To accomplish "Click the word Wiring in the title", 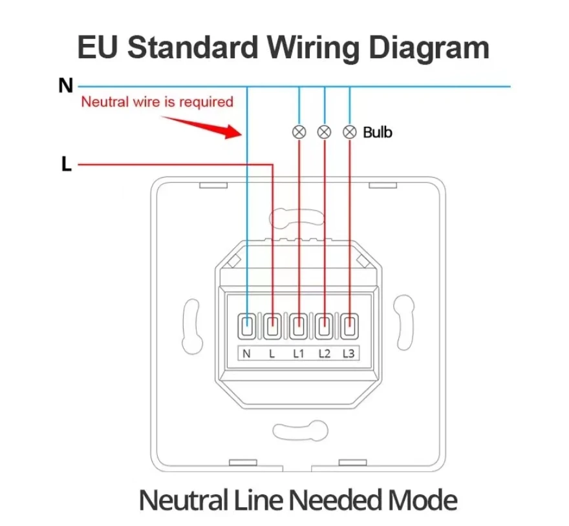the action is point(314,48).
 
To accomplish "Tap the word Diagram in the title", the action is point(429,48).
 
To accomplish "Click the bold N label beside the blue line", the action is point(66,86).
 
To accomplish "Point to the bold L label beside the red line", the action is point(67,164).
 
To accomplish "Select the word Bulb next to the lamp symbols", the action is point(378,132).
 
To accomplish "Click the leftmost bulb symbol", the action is point(299,132).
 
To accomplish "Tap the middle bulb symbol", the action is point(324,132).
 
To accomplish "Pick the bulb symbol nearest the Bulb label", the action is point(349,132).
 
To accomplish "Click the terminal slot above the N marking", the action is point(247,326).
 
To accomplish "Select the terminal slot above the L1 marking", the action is point(299,326).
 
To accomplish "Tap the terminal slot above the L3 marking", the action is point(349,326).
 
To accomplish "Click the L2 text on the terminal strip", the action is point(325,353).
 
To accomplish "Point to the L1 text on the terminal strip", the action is point(299,353).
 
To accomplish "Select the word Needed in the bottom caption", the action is point(335,500).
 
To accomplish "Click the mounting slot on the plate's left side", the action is point(191,326).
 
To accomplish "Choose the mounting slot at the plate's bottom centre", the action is point(300,431).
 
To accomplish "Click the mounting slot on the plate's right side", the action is point(404,323).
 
